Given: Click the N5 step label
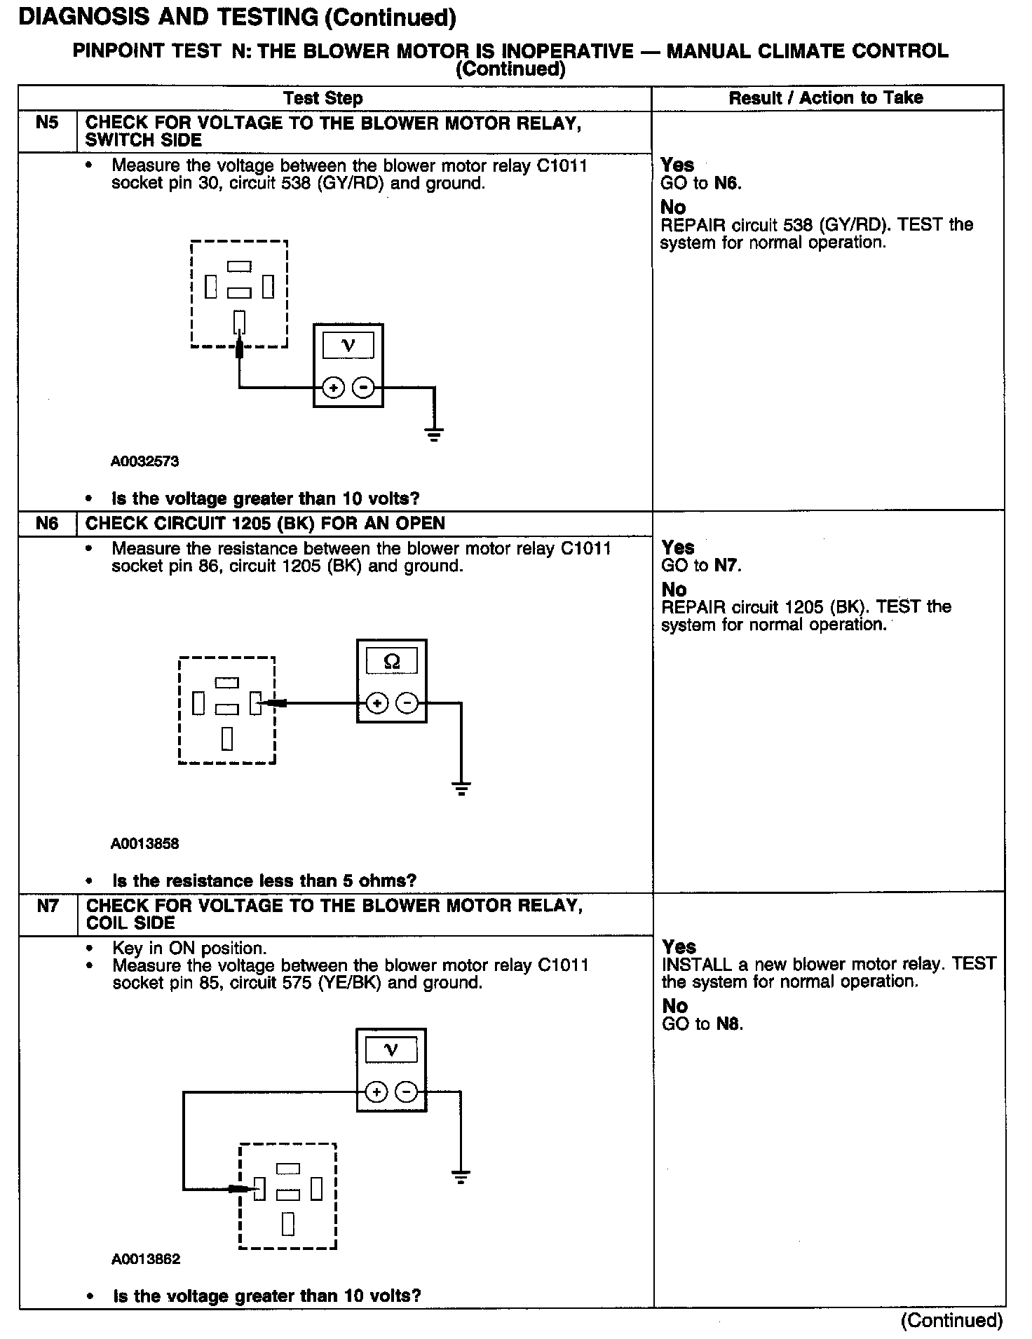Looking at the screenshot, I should tap(47, 123).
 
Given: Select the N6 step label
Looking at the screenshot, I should tap(47, 524).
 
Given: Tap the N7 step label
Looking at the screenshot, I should tap(48, 906).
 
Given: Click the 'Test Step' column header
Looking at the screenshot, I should tap(322, 98).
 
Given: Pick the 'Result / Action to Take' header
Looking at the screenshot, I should tap(826, 98).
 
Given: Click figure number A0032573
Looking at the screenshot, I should tap(144, 461).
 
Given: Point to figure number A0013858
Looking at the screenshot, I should tap(144, 843).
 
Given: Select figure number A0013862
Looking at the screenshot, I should tap(145, 1259).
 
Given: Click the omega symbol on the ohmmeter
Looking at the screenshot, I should tap(392, 661).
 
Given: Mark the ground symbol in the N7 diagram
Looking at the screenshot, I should tap(461, 1177).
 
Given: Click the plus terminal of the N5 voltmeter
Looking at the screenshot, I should tap(334, 387).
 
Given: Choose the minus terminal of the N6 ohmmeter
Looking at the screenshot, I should tap(407, 702).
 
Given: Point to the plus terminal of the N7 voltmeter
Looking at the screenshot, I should tap(377, 1092).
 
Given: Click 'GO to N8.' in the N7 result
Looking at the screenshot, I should tap(702, 1024).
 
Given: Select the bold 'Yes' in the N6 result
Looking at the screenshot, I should tap(677, 548).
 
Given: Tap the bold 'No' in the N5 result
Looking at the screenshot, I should tap(673, 207).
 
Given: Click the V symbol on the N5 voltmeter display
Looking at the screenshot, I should tap(348, 345).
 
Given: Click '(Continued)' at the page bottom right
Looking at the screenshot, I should tap(951, 1321).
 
